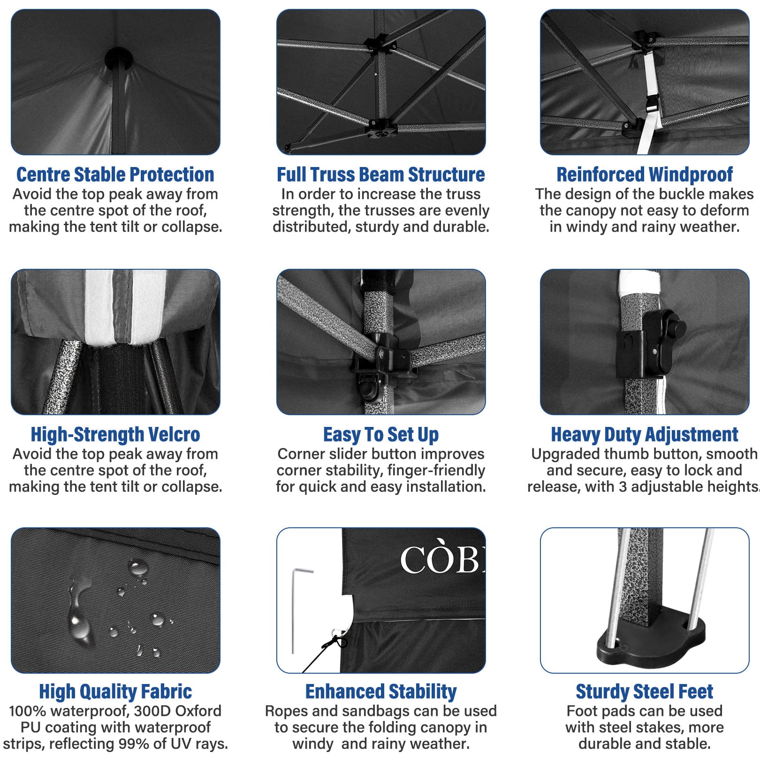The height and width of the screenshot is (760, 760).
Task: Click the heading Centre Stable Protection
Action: coord(115,175)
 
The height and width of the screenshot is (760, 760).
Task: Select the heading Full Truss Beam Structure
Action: coord(381,175)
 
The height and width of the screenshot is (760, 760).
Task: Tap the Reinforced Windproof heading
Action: coord(645,175)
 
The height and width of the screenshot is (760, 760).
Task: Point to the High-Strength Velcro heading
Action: coord(115,434)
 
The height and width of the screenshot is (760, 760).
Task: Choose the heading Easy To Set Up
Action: coord(381,435)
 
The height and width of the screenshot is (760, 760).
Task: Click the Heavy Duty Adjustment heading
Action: coord(645,434)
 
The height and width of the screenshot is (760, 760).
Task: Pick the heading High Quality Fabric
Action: coord(115,692)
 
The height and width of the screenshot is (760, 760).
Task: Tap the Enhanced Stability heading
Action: coord(381,692)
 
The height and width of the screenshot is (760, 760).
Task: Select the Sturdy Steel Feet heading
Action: coord(645,692)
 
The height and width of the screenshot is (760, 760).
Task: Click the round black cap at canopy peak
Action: coord(119,58)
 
